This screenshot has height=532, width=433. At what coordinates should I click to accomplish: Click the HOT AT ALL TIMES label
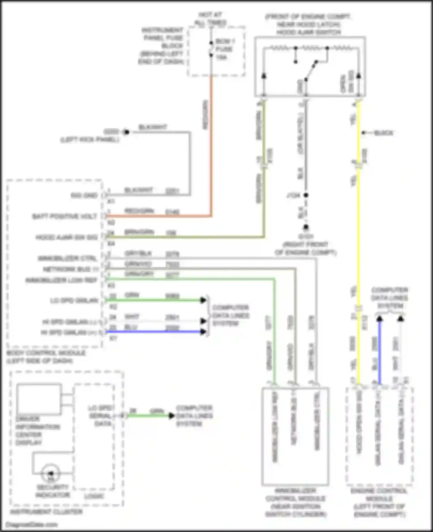pos(210,18)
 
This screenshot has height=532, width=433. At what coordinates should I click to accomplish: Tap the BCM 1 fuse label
pos(225,49)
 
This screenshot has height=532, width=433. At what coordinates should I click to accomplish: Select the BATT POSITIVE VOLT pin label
pos(65,216)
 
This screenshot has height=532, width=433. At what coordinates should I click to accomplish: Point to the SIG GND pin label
pos(84,195)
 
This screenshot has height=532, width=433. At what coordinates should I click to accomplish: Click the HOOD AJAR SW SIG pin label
pos(66,237)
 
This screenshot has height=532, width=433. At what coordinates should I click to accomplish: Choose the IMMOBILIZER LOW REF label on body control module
pos(61,280)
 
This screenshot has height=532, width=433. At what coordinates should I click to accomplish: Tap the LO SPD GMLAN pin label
pos(74,301)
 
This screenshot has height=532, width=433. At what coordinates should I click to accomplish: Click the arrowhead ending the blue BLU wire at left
pos(204,332)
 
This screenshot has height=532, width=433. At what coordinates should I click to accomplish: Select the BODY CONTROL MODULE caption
pos(46,357)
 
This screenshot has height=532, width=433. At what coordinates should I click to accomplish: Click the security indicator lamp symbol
pos(51,473)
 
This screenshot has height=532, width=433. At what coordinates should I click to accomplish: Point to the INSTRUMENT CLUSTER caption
pos(46,512)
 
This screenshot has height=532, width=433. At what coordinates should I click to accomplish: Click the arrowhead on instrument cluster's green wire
pos(172,416)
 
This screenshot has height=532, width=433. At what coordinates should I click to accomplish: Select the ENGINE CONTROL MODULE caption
pos(379,503)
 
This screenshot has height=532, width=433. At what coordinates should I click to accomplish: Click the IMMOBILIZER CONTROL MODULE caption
pos(295,503)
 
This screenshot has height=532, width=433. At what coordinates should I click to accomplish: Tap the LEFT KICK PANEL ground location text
pos(90,140)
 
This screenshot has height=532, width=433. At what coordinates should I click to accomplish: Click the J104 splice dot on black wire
pos(306,195)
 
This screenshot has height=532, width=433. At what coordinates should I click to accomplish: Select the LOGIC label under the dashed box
pos(94,496)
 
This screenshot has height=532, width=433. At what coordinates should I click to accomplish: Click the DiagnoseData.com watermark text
pos(31,525)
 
